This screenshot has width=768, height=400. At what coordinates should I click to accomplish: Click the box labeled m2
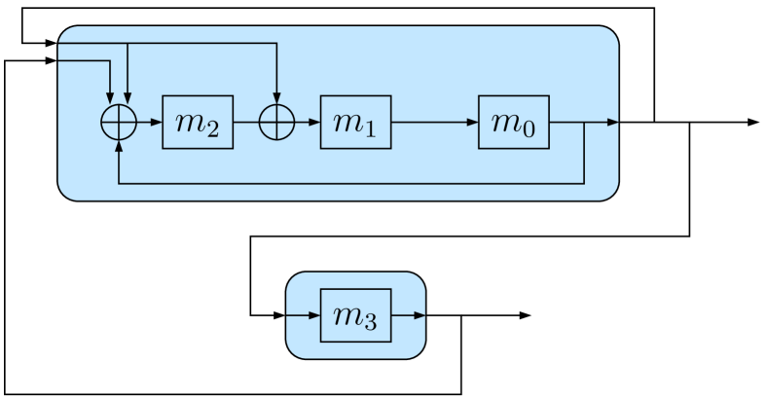(x=198, y=123)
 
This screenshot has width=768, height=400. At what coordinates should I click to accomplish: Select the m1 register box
(x=355, y=123)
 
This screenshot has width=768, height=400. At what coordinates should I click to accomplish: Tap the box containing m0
(x=513, y=123)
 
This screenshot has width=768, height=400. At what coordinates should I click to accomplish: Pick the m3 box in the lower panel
(x=355, y=315)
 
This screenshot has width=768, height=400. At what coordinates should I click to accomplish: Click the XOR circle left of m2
(x=119, y=123)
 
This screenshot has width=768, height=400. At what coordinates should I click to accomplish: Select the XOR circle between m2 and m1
(x=277, y=123)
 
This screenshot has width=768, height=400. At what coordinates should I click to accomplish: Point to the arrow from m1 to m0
(x=434, y=123)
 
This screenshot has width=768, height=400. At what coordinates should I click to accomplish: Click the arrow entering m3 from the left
(x=304, y=315)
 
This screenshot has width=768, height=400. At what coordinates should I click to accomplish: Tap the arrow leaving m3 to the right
(x=409, y=315)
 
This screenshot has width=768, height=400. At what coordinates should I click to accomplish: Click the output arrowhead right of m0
(x=612, y=123)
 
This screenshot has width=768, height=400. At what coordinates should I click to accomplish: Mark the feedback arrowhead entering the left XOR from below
(x=119, y=145)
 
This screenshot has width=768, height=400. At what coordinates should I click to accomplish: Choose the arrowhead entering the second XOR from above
(x=277, y=100)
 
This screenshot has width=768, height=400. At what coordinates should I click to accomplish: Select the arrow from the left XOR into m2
(x=149, y=123)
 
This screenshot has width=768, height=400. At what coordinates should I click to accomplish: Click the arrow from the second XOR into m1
(x=308, y=123)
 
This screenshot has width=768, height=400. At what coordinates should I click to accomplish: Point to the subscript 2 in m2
(x=213, y=129)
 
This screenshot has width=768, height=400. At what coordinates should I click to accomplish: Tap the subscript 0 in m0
(x=529, y=129)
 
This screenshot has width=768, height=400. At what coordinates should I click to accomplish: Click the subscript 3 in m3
(x=371, y=322)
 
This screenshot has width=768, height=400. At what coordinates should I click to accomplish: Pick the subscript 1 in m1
(x=371, y=129)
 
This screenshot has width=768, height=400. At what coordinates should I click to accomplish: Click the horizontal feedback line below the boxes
(x=350, y=182)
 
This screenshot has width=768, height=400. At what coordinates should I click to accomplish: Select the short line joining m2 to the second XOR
(x=247, y=123)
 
